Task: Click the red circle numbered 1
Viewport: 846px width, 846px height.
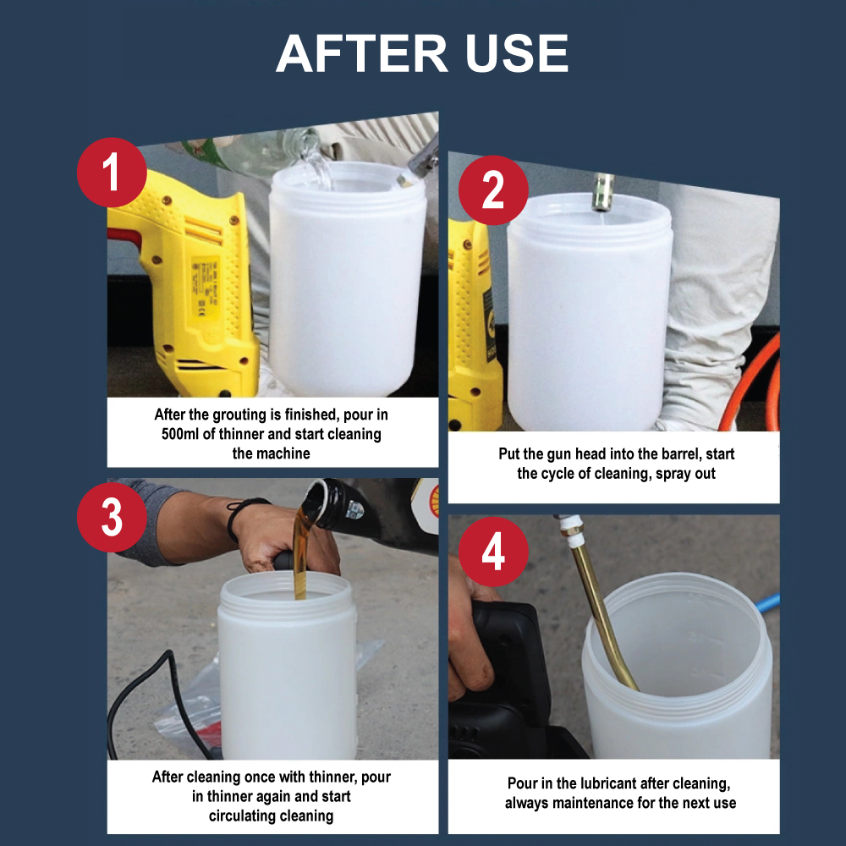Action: tap(112, 172)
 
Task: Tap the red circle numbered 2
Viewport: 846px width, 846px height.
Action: tap(493, 190)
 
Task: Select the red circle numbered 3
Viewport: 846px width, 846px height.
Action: tap(112, 517)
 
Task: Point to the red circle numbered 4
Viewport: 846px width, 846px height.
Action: tap(493, 552)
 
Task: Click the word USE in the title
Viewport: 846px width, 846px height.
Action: tap(517, 52)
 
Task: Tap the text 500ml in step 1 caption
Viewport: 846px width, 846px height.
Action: tap(180, 434)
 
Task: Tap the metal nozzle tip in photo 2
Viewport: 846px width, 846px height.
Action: tap(602, 192)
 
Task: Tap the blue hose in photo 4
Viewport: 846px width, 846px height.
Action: tap(768, 602)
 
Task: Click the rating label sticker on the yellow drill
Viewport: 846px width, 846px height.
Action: tap(205, 285)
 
